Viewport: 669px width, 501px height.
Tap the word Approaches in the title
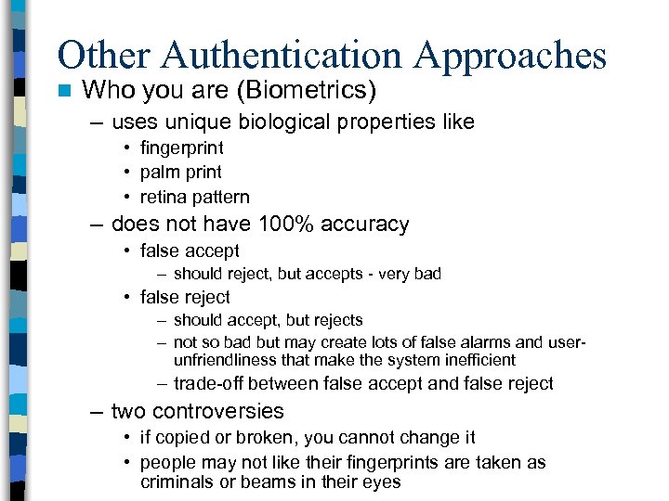tap(510, 56)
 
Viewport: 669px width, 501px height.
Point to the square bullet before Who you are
tap(63, 91)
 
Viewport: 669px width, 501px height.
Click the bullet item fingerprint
tap(181, 148)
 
